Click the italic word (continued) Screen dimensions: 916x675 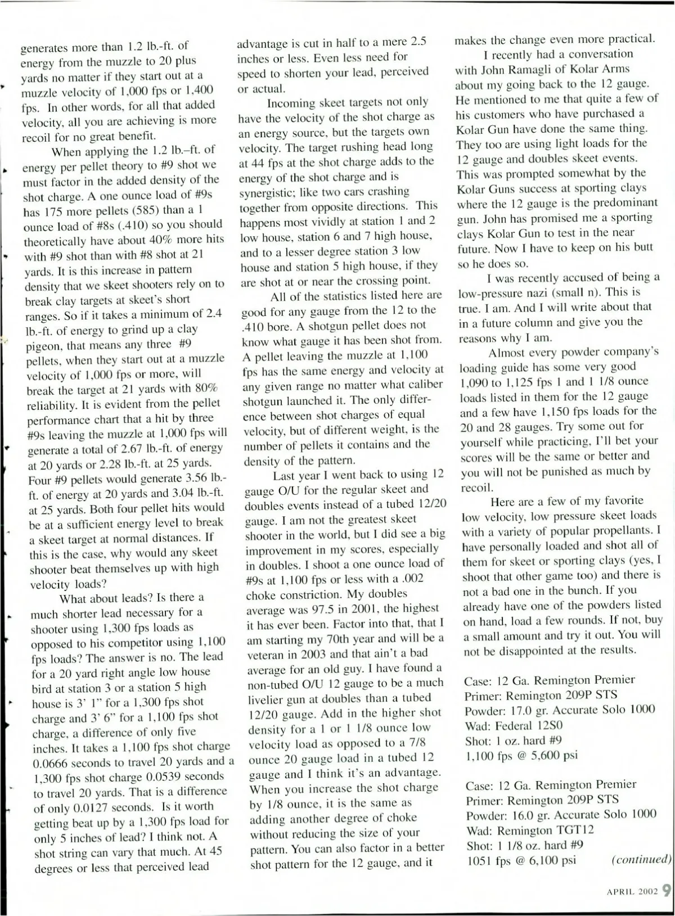tap(641, 860)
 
